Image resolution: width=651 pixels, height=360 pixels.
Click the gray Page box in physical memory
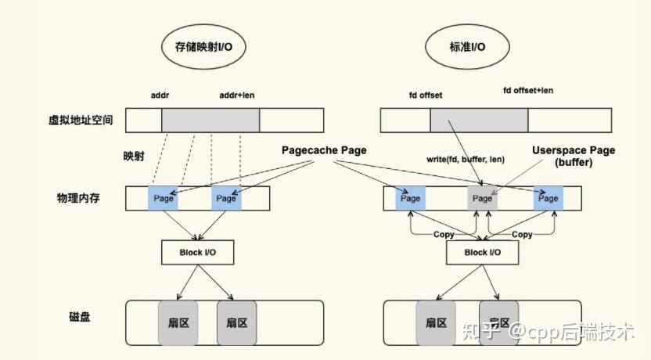pyautogui.click(x=482, y=199)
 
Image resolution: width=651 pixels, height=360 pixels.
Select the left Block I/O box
pyautogui.click(x=198, y=252)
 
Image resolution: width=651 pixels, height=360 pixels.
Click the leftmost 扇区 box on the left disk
pyautogui.click(x=178, y=322)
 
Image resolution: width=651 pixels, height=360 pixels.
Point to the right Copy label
pyautogui.click(x=522, y=234)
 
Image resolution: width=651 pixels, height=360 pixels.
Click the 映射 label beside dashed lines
pyautogui.click(x=134, y=156)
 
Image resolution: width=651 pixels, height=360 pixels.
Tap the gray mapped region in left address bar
pyautogui.click(x=210, y=120)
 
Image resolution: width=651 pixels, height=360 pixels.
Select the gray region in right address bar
pyautogui.click(x=479, y=120)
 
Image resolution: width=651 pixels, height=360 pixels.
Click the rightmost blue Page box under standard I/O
pyautogui.click(x=548, y=199)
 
